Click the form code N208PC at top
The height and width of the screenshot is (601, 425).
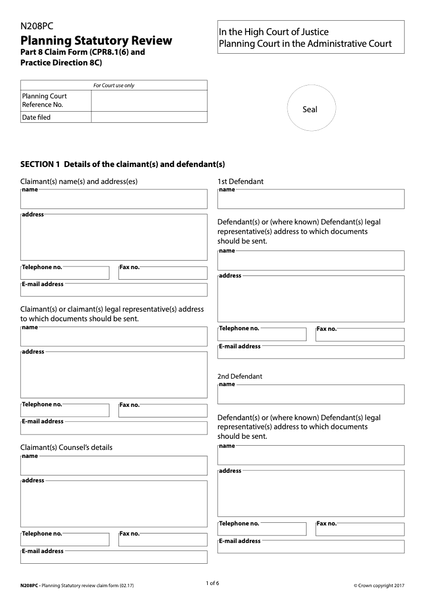pyautogui.click(x=37, y=26)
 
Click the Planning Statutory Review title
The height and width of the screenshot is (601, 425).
pyautogui.click(x=96, y=40)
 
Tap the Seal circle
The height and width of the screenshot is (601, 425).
pyautogui.click(x=311, y=109)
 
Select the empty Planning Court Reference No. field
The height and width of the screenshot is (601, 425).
pyautogui.click(x=149, y=101)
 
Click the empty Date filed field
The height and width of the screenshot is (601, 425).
pyautogui.click(x=149, y=117)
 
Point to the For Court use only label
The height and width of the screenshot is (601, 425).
pyautogui.click(x=114, y=85)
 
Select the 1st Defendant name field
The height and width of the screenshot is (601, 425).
pyautogui.click(x=311, y=200)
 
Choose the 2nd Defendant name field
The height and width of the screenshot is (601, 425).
pyautogui.click(x=311, y=395)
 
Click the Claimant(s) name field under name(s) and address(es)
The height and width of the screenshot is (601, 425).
pyautogui.click(x=114, y=200)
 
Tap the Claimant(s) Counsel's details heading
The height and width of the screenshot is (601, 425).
pyautogui.click(x=66, y=447)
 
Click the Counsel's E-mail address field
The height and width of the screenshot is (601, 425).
pyautogui.click(x=114, y=557)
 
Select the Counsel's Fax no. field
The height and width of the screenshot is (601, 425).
pyautogui.click(x=163, y=540)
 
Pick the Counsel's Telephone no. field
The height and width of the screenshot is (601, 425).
pyautogui.click(x=65, y=540)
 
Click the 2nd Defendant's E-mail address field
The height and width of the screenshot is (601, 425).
pyautogui.click(x=311, y=547)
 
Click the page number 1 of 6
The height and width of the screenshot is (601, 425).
pyautogui.click(x=212, y=583)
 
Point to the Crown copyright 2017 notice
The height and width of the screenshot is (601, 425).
pyautogui.click(x=379, y=586)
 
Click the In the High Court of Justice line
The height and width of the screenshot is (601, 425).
pyautogui.click(x=274, y=32)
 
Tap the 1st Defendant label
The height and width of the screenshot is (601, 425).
pyautogui.click(x=240, y=181)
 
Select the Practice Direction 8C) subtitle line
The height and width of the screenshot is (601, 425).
pyautogui.click(x=61, y=62)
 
